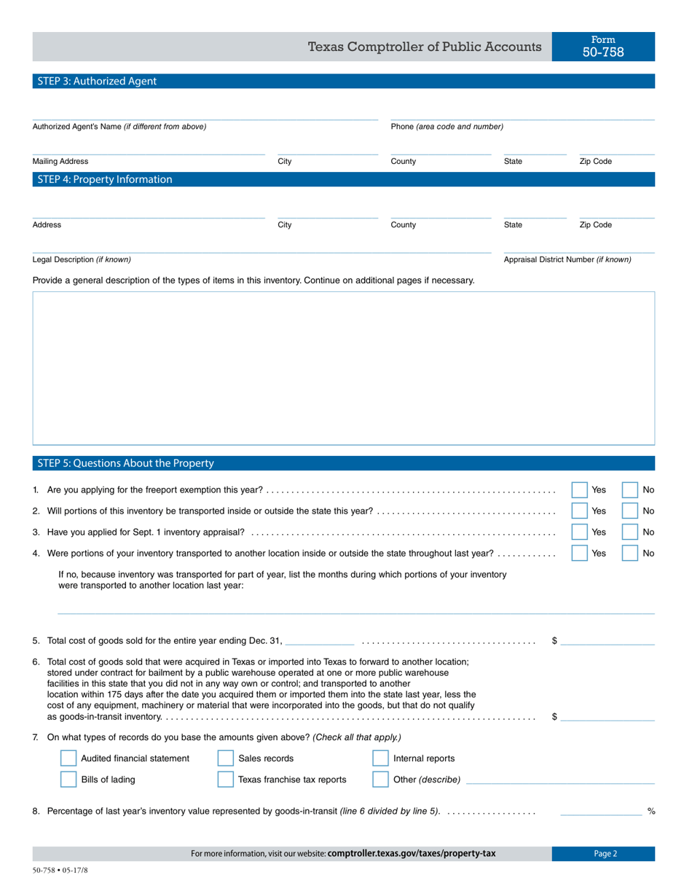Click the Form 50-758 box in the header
[x=603, y=47]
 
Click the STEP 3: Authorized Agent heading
[x=97, y=82]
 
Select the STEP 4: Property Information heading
[x=105, y=179]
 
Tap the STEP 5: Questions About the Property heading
[x=125, y=463]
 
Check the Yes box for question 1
[x=579, y=490]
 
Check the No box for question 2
[x=630, y=511]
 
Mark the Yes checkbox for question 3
[x=579, y=533]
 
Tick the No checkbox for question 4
[x=630, y=554]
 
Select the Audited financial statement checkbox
[x=68, y=758]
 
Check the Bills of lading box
[x=68, y=779]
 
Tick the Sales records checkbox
[x=226, y=758]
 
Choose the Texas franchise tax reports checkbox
[x=226, y=779]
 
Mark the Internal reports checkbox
[x=380, y=758]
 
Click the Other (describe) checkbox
[x=380, y=779]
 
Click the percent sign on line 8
[x=651, y=811]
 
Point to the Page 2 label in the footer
[x=605, y=854]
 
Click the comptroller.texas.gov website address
[x=412, y=854]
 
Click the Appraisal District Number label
[x=567, y=259]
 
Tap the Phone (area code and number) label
[x=447, y=127]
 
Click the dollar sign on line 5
[x=555, y=641]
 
